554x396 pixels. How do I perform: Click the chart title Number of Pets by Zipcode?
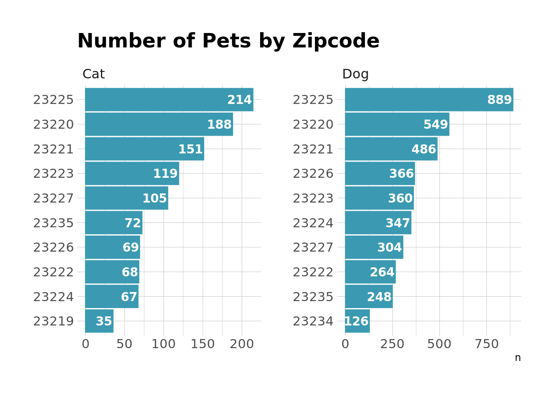(x=228, y=41)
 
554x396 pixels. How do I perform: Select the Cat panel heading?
(x=94, y=74)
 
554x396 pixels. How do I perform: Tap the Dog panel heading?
(x=355, y=74)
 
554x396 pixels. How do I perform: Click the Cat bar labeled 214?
(x=169, y=100)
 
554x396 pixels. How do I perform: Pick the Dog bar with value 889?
(x=429, y=100)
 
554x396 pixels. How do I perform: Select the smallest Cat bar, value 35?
(x=99, y=321)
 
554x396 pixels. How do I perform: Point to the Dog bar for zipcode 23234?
(x=357, y=321)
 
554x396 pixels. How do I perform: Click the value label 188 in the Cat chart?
(x=219, y=125)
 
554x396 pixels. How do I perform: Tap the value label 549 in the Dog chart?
(x=436, y=125)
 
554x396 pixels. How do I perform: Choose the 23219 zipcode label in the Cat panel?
(x=54, y=321)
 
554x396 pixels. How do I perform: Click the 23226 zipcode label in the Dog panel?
(x=313, y=174)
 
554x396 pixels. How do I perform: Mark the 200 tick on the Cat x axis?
(x=242, y=344)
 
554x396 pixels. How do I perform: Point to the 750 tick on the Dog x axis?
(x=487, y=344)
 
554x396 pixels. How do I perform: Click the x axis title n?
(x=518, y=358)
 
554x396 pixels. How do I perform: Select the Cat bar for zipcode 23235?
(x=113, y=223)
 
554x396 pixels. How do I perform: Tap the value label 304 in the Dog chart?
(x=390, y=247)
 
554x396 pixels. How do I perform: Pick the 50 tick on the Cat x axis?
(x=124, y=344)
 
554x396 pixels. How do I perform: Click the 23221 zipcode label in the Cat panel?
(x=54, y=149)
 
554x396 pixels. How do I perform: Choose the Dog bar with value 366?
(x=380, y=174)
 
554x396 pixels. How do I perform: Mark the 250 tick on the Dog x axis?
(x=392, y=344)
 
